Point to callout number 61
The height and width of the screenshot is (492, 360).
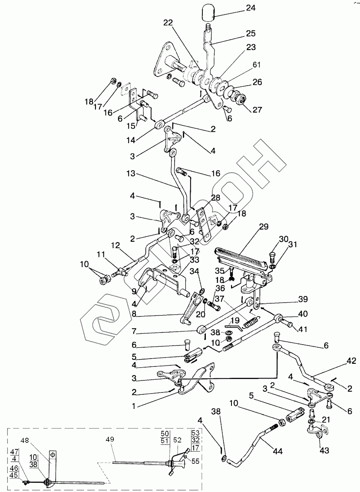(257, 65)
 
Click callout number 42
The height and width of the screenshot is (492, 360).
(351, 361)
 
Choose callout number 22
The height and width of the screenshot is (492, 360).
(168, 23)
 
